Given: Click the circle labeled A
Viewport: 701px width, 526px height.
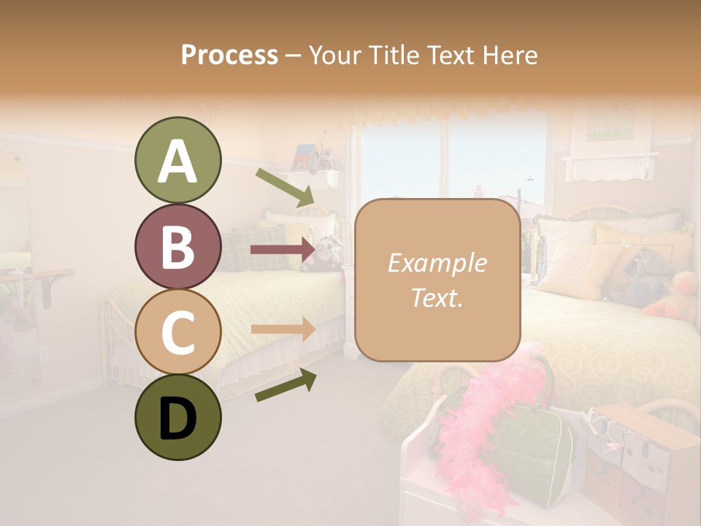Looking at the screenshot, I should [x=177, y=160].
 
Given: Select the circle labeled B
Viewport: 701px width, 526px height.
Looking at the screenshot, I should [x=177, y=246].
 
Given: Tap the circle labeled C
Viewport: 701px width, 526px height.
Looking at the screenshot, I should [x=177, y=332].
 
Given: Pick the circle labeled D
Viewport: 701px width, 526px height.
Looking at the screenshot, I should [x=177, y=418].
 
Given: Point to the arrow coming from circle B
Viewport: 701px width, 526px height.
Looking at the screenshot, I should [x=282, y=250].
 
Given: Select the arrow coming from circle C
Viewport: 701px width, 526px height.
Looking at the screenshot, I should [x=283, y=329].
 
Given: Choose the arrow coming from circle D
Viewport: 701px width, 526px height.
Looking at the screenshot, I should [x=286, y=386].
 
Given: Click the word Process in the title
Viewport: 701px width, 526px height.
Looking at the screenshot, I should [x=229, y=56].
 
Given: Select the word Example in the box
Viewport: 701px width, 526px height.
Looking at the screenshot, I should [x=437, y=263].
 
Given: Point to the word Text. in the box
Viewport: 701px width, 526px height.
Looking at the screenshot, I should [x=437, y=297].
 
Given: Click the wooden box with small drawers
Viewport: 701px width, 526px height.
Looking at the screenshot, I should [x=643, y=460].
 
